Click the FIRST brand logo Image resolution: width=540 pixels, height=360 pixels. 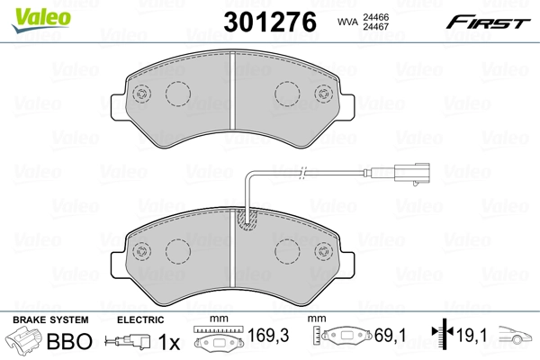493,20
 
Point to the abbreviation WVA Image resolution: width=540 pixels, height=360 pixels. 347,21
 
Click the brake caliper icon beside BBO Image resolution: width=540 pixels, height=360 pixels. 24,343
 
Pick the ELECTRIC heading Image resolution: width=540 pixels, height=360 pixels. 139,320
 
